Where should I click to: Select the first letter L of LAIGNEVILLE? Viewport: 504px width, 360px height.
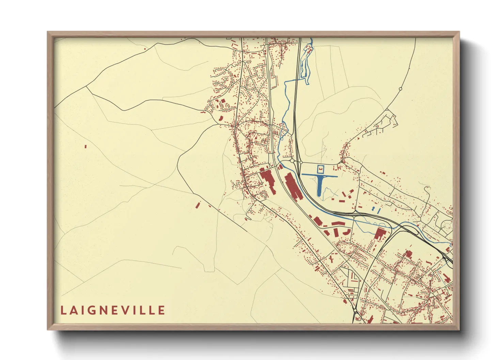pos(63,310)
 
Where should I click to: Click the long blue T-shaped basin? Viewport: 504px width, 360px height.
pos(319,183)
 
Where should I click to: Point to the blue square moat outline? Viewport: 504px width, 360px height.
pos(320,169)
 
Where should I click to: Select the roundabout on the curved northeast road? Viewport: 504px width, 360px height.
pos(400,89)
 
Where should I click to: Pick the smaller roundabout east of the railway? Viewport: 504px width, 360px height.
pos(301,163)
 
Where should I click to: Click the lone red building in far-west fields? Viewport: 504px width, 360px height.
pos(85,147)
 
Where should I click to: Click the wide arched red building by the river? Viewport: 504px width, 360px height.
pos(338,223)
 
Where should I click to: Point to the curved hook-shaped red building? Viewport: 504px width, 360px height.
pos(347,232)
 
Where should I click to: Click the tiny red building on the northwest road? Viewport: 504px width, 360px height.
pos(145,49)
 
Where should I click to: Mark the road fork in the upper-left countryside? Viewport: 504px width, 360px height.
pos(86,86)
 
